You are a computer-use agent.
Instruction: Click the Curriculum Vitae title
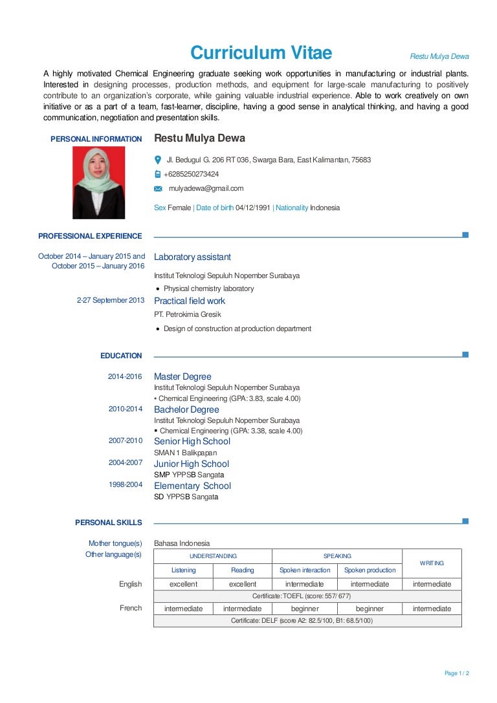point(261,52)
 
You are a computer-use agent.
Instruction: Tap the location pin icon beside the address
point(157,160)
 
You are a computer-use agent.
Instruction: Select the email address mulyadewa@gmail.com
point(206,188)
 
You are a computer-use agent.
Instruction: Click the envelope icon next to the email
point(157,189)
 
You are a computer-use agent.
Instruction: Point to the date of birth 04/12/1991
point(253,208)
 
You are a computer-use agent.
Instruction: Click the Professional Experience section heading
point(90,236)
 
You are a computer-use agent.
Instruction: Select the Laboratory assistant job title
point(192,257)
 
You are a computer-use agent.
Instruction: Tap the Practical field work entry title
point(190,301)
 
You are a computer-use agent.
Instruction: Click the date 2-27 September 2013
point(111,301)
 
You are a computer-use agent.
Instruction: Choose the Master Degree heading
point(182,376)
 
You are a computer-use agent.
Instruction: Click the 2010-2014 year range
point(125,409)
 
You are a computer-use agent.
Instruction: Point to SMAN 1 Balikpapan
point(185,453)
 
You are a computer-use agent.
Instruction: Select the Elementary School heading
point(192,486)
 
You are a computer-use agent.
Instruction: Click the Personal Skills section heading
point(108,523)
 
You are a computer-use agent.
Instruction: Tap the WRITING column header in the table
point(432,563)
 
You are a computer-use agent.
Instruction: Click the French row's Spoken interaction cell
point(304,609)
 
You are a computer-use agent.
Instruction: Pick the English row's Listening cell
point(183,584)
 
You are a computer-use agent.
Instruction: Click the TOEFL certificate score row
point(307,596)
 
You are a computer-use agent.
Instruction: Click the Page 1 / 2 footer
point(457,673)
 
